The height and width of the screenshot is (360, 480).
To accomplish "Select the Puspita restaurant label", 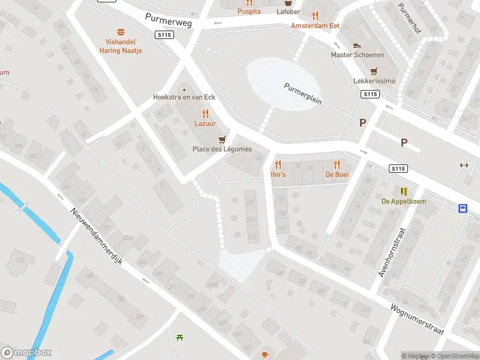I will [249, 11].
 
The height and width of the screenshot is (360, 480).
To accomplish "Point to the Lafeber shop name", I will [289, 11].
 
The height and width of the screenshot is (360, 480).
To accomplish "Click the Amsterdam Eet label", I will [315, 26].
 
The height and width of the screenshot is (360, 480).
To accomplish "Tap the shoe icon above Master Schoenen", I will [357, 45].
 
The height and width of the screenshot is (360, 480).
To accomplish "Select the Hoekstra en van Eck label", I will [184, 97].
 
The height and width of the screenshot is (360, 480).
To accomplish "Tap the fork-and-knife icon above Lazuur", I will [205, 113].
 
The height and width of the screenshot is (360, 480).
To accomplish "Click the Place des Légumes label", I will [222, 149].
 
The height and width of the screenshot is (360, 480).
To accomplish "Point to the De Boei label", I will [337, 174].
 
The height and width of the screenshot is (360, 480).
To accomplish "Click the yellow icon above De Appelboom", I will [404, 191].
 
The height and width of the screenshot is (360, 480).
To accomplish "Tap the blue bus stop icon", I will [463, 209].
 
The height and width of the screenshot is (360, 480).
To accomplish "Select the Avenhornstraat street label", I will [392, 252].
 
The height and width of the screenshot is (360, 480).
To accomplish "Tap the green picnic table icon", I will [180, 337].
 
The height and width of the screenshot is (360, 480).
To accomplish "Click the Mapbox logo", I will [27, 352].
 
